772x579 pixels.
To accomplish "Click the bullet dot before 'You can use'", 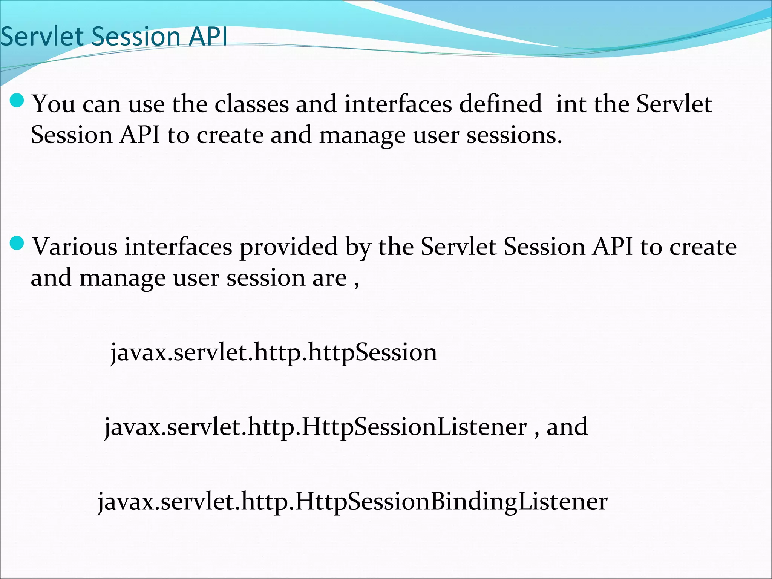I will point(17,101).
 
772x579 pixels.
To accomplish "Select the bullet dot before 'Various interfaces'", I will point(17,244).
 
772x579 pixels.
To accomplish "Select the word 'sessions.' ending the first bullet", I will point(514,135).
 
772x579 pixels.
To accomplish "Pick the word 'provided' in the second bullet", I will point(288,247).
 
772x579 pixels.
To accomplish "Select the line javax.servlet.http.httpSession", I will point(274,352).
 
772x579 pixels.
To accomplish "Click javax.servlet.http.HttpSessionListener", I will point(315,427).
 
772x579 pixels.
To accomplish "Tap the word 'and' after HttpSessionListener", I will point(567,427).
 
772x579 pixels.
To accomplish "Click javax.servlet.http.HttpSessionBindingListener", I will point(352,502).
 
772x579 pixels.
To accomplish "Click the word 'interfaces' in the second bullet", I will point(178,247).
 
